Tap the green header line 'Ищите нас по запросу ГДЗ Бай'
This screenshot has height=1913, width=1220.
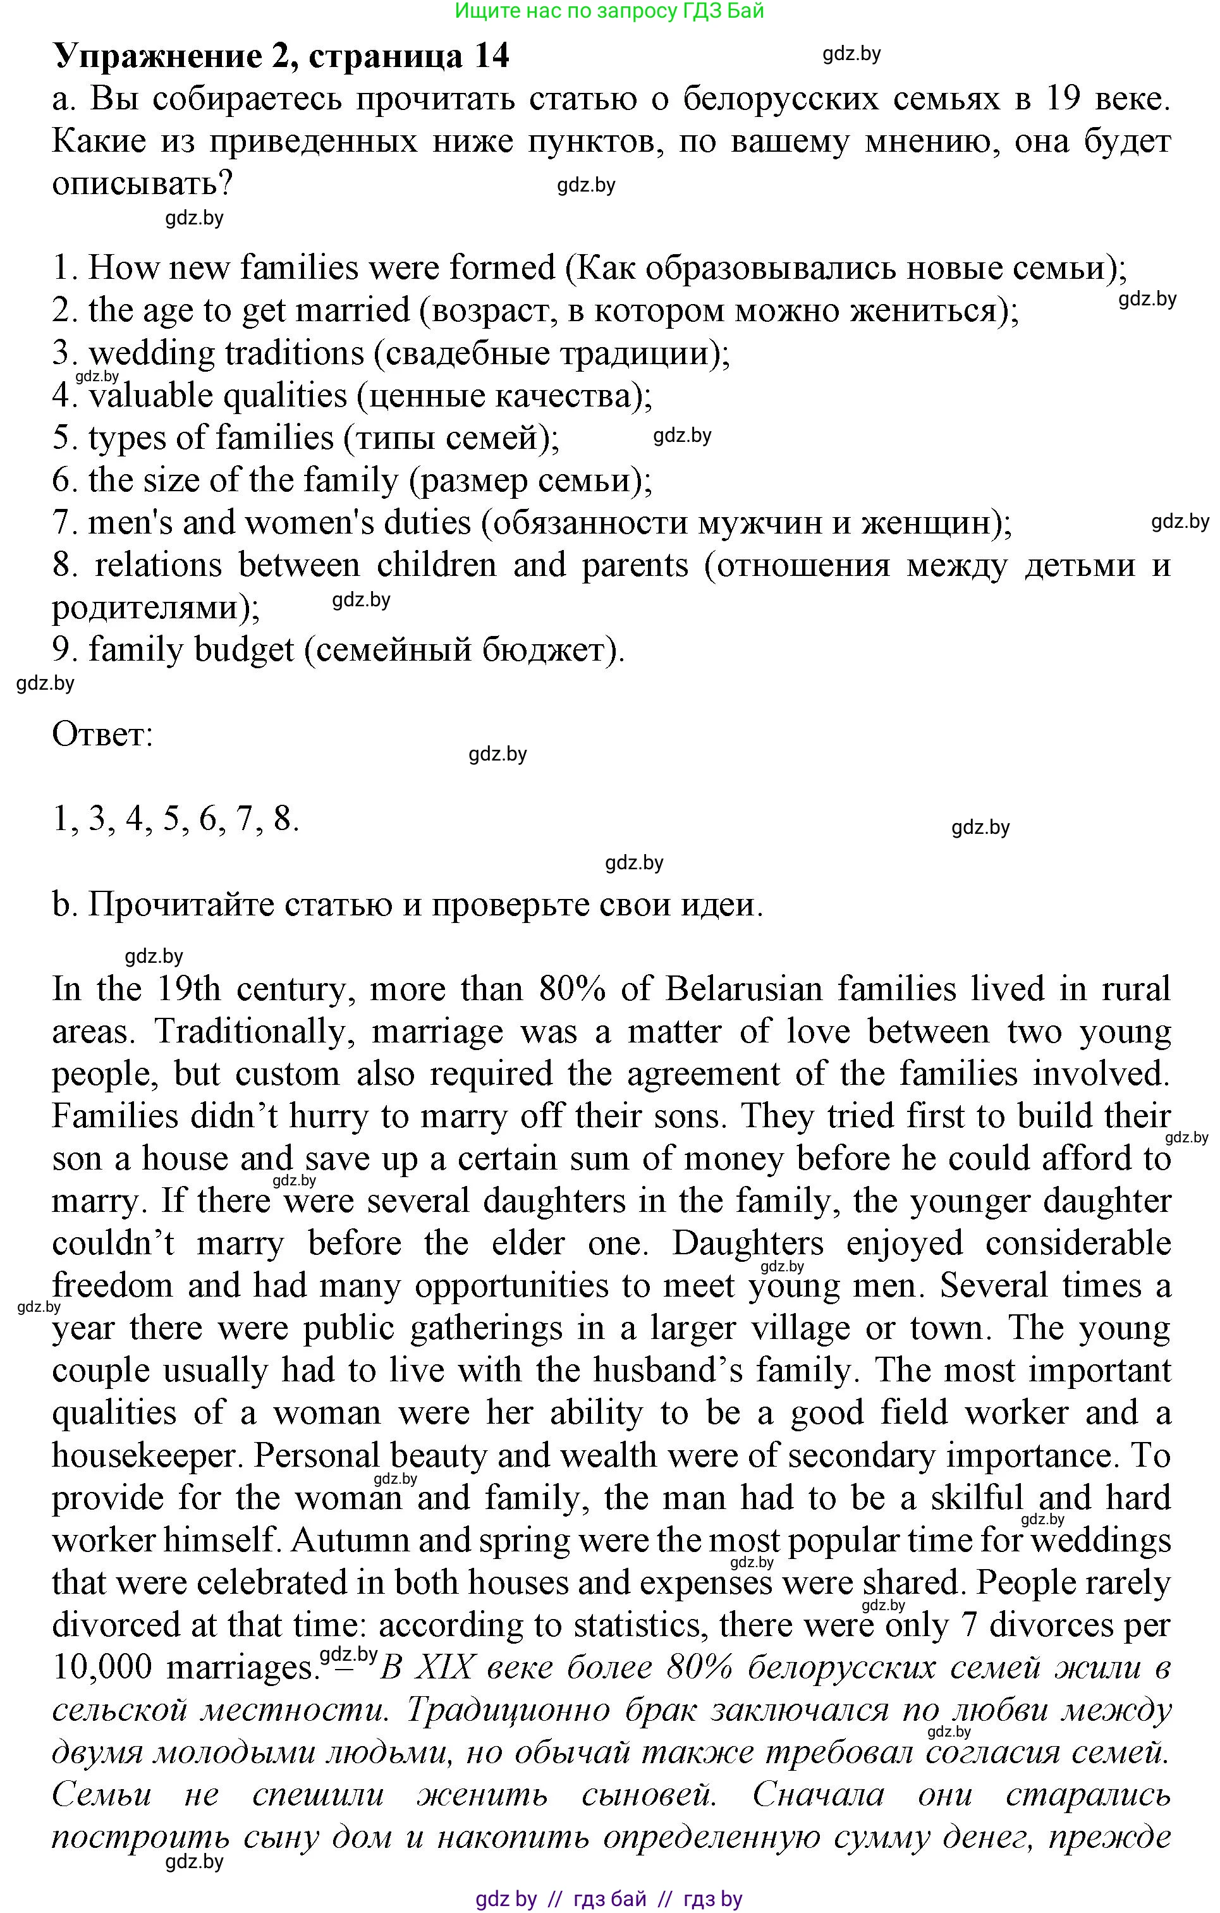point(609,11)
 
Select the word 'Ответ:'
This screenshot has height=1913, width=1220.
point(102,734)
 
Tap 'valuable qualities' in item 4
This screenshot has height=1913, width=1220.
point(217,396)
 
